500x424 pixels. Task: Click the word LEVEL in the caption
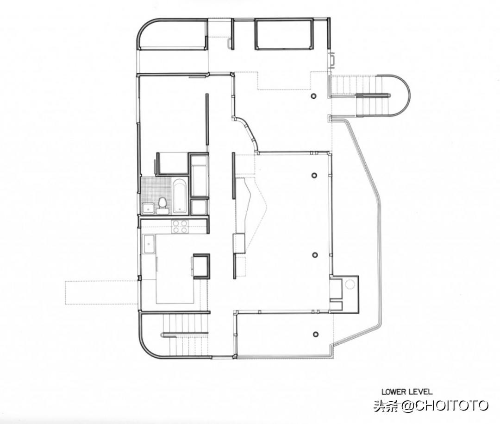[x=421, y=392]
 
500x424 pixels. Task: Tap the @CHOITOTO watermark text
[x=445, y=405]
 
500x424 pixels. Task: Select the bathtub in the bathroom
[x=180, y=196]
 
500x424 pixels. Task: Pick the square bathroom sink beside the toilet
[x=148, y=208]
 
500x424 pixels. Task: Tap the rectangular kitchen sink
[x=149, y=244]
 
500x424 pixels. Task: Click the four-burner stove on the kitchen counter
[x=180, y=227]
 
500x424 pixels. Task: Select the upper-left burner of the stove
[x=176, y=223]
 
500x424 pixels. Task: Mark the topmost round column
[x=314, y=95]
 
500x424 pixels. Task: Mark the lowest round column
[x=316, y=334]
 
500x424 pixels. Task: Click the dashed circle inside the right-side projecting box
[x=350, y=284]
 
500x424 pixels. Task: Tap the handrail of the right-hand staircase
[x=374, y=95]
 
